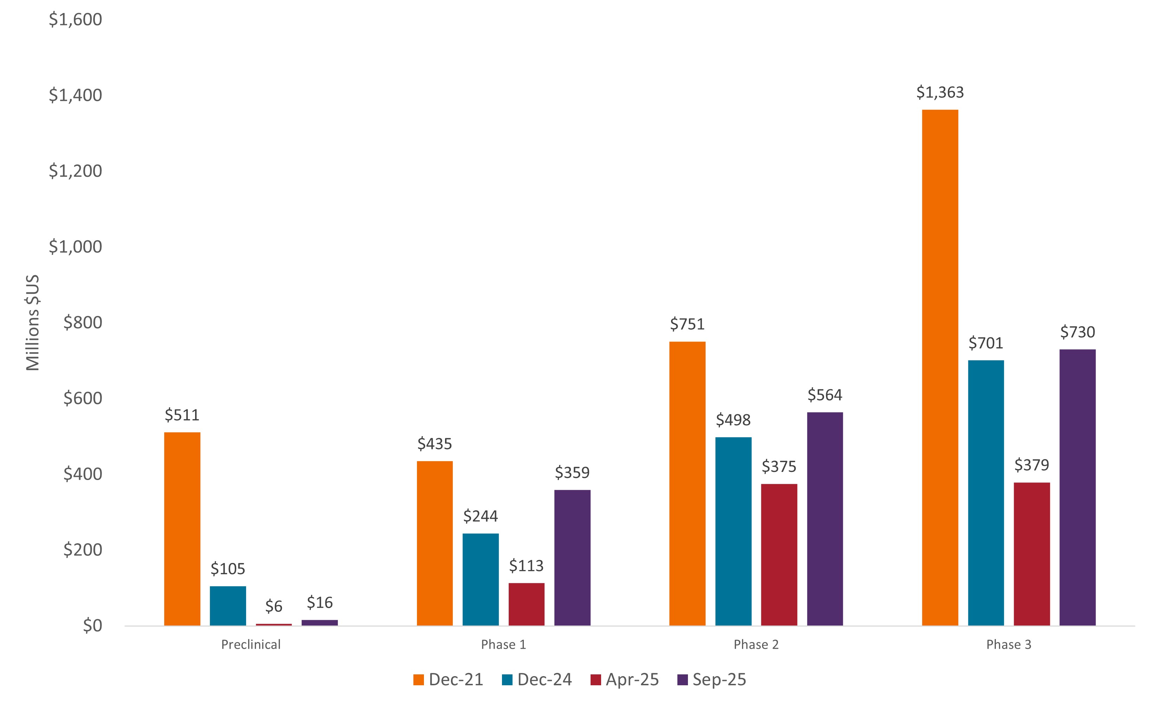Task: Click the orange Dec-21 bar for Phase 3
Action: click(940, 367)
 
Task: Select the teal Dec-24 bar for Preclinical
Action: click(228, 605)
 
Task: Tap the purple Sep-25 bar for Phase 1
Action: click(572, 557)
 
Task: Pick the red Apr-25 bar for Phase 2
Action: click(779, 555)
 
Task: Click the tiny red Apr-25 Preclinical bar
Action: click(274, 624)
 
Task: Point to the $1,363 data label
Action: click(940, 93)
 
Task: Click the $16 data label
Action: click(320, 603)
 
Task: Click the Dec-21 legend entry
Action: click(448, 679)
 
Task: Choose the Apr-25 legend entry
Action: click(624, 679)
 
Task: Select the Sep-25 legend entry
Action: click(711, 679)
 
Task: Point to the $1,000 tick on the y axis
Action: click(75, 247)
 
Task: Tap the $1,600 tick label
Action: click(75, 20)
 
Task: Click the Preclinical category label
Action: click(251, 645)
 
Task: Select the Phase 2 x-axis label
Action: click(756, 645)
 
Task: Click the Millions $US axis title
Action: click(33, 323)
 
